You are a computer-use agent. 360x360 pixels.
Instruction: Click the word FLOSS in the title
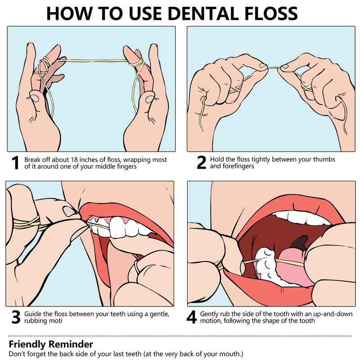tap(271, 13)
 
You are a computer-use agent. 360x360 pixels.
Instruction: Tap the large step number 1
tap(15, 163)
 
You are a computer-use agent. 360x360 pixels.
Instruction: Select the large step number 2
tap(201, 162)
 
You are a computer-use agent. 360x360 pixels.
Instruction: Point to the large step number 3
tap(16, 317)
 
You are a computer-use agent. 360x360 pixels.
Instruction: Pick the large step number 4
tap(192, 317)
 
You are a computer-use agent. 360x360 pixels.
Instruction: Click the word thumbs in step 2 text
tap(324, 159)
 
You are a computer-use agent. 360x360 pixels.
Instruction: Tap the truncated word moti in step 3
tap(55, 320)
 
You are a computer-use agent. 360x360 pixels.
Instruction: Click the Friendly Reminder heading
tap(51, 344)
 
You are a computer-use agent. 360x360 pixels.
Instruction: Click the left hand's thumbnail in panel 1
tap(35, 98)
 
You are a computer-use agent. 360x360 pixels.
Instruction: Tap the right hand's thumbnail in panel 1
tap(150, 99)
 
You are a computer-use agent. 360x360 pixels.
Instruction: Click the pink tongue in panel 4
tap(290, 267)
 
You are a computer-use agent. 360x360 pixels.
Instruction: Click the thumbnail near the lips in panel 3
tap(69, 211)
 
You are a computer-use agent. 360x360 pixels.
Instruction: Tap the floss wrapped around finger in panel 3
tap(27, 224)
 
